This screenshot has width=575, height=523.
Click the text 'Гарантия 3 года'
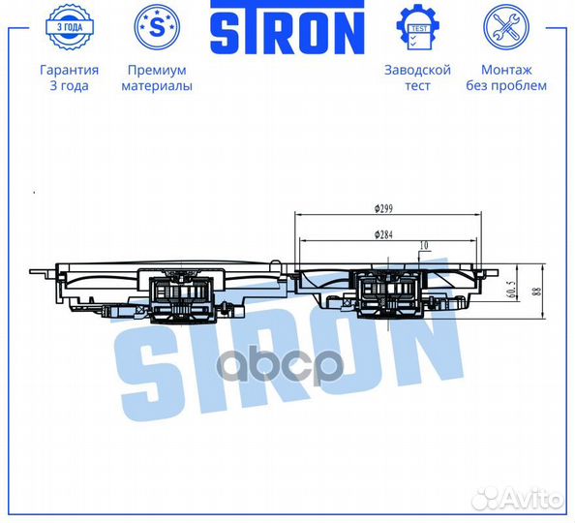(x=69, y=77)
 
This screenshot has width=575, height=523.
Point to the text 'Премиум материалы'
(x=156, y=77)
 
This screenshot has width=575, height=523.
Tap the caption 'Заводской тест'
(x=419, y=77)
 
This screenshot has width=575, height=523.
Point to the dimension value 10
(x=423, y=246)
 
